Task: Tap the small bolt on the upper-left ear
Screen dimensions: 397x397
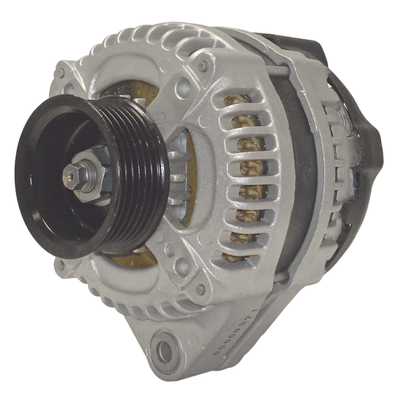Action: pyautogui.click(x=59, y=74)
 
